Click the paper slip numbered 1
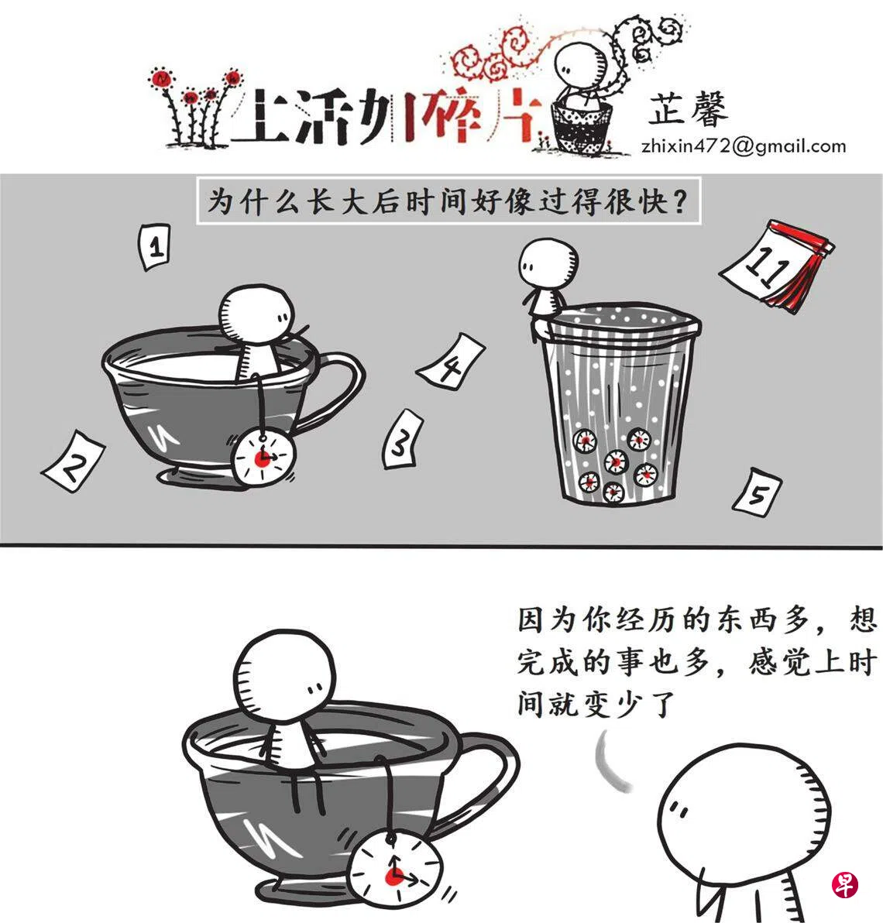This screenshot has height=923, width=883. click(154, 247)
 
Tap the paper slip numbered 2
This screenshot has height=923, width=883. click(74, 461)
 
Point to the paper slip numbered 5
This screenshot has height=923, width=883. click(758, 492)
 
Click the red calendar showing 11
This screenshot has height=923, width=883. click(776, 264)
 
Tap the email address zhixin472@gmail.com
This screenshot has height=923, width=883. click(744, 146)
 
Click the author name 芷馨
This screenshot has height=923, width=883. click(688, 109)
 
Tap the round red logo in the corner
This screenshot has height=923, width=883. click(845, 885)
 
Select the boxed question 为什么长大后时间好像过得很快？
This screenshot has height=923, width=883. click(448, 200)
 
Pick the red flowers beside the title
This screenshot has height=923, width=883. click(195, 107)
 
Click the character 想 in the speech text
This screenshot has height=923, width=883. click(863, 619)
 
